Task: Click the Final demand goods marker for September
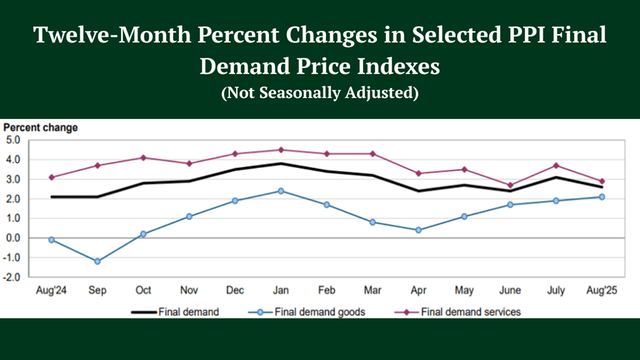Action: point(97,261)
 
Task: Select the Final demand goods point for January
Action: point(281,191)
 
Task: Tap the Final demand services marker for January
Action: point(281,150)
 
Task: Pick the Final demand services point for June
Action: point(510,185)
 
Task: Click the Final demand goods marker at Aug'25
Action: point(602,197)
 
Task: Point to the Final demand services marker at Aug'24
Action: point(52,178)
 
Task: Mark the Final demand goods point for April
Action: point(419,230)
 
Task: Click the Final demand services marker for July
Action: point(556,165)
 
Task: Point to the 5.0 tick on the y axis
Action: point(14,140)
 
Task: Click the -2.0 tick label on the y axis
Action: point(13,277)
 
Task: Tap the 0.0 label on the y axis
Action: point(14,238)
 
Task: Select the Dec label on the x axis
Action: point(235,291)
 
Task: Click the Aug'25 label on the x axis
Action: point(602,291)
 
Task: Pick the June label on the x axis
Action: point(510,291)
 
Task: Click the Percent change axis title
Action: point(41,127)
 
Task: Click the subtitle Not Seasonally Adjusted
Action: point(319,93)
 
